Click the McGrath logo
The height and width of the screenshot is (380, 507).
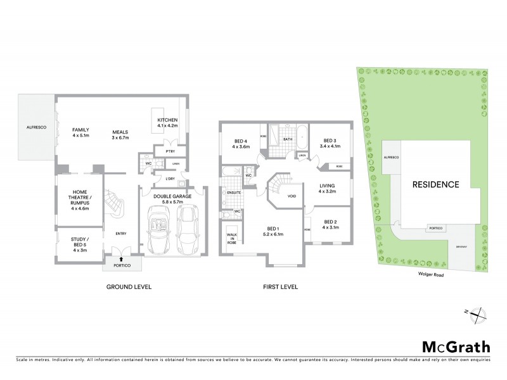(x=456, y=346)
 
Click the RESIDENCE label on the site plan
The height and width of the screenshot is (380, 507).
(x=435, y=185)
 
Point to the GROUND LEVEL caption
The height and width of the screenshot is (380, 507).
(x=129, y=287)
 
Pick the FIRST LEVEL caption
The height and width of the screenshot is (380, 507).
(x=280, y=287)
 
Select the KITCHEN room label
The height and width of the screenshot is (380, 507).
(x=167, y=123)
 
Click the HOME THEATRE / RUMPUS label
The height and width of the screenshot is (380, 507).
(x=80, y=199)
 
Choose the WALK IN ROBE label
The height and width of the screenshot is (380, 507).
(x=231, y=238)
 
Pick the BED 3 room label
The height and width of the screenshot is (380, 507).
(x=332, y=143)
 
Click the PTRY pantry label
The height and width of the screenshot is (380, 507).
(x=170, y=151)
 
